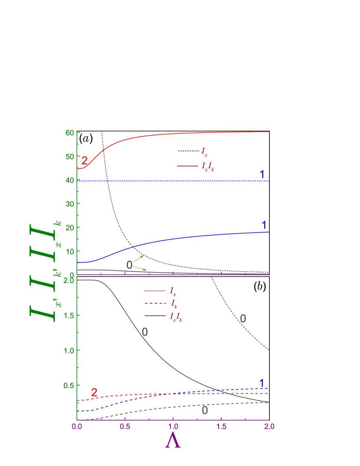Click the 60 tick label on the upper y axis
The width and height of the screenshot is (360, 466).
coord(69,132)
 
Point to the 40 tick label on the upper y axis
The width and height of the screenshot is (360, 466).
coord(69,180)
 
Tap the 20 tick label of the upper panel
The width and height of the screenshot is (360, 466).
coord(69,228)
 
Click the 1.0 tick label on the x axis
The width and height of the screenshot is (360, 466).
coord(173,427)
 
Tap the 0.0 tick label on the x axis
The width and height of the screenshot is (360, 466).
coord(77,427)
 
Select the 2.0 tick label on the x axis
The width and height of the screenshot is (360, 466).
coord(269,427)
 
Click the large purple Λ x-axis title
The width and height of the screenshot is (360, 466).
coord(173,441)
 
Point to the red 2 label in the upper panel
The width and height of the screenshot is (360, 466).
coord(85,160)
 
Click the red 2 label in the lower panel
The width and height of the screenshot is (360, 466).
coord(94,392)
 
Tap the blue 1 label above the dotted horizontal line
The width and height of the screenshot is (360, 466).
coord(262,174)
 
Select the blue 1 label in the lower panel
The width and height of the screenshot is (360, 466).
coord(262,383)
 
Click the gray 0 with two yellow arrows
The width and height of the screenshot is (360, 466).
coord(129,265)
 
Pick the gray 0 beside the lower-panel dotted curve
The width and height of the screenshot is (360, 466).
coord(243,319)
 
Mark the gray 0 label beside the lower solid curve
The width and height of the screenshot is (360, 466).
coord(145,332)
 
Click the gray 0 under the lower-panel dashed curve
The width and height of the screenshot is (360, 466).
coord(205,410)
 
